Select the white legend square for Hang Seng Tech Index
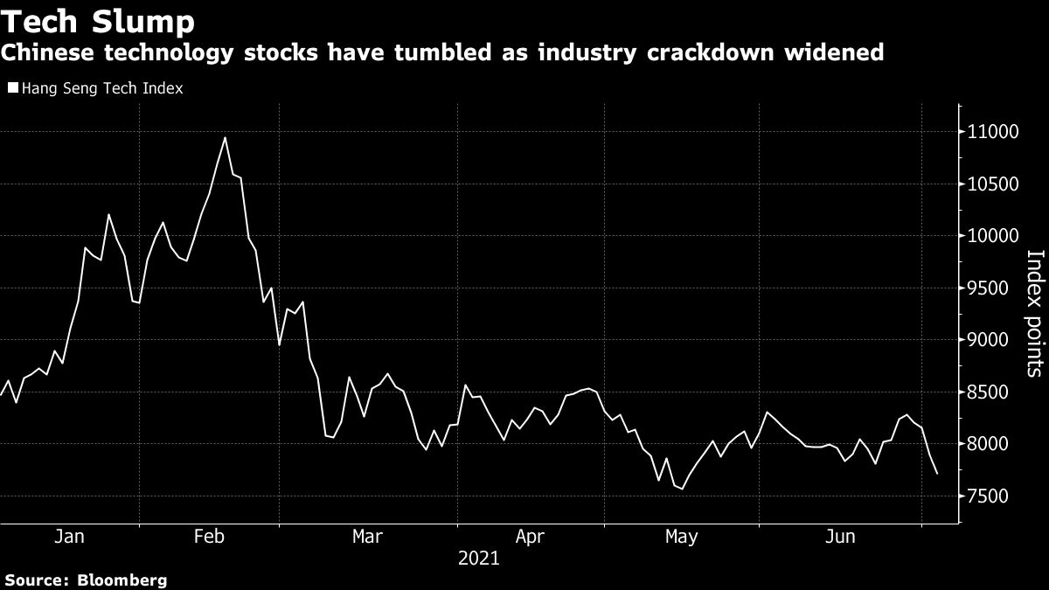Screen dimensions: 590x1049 [11, 88]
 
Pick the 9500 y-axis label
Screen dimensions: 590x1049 [995, 288]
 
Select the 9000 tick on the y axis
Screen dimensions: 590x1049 [995, 340]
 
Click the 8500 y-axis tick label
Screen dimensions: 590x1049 [995, 392]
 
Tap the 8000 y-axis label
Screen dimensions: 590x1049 [995, 444]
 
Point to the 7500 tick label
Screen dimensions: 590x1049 [995, 496]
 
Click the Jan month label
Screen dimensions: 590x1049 [69, 536]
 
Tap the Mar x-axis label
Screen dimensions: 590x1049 [366, 536]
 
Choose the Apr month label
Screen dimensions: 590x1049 [530, 536]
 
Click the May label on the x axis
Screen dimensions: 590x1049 [681, 536]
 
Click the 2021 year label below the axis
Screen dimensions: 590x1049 [478, 558]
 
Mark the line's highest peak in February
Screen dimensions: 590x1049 [225, 137]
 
